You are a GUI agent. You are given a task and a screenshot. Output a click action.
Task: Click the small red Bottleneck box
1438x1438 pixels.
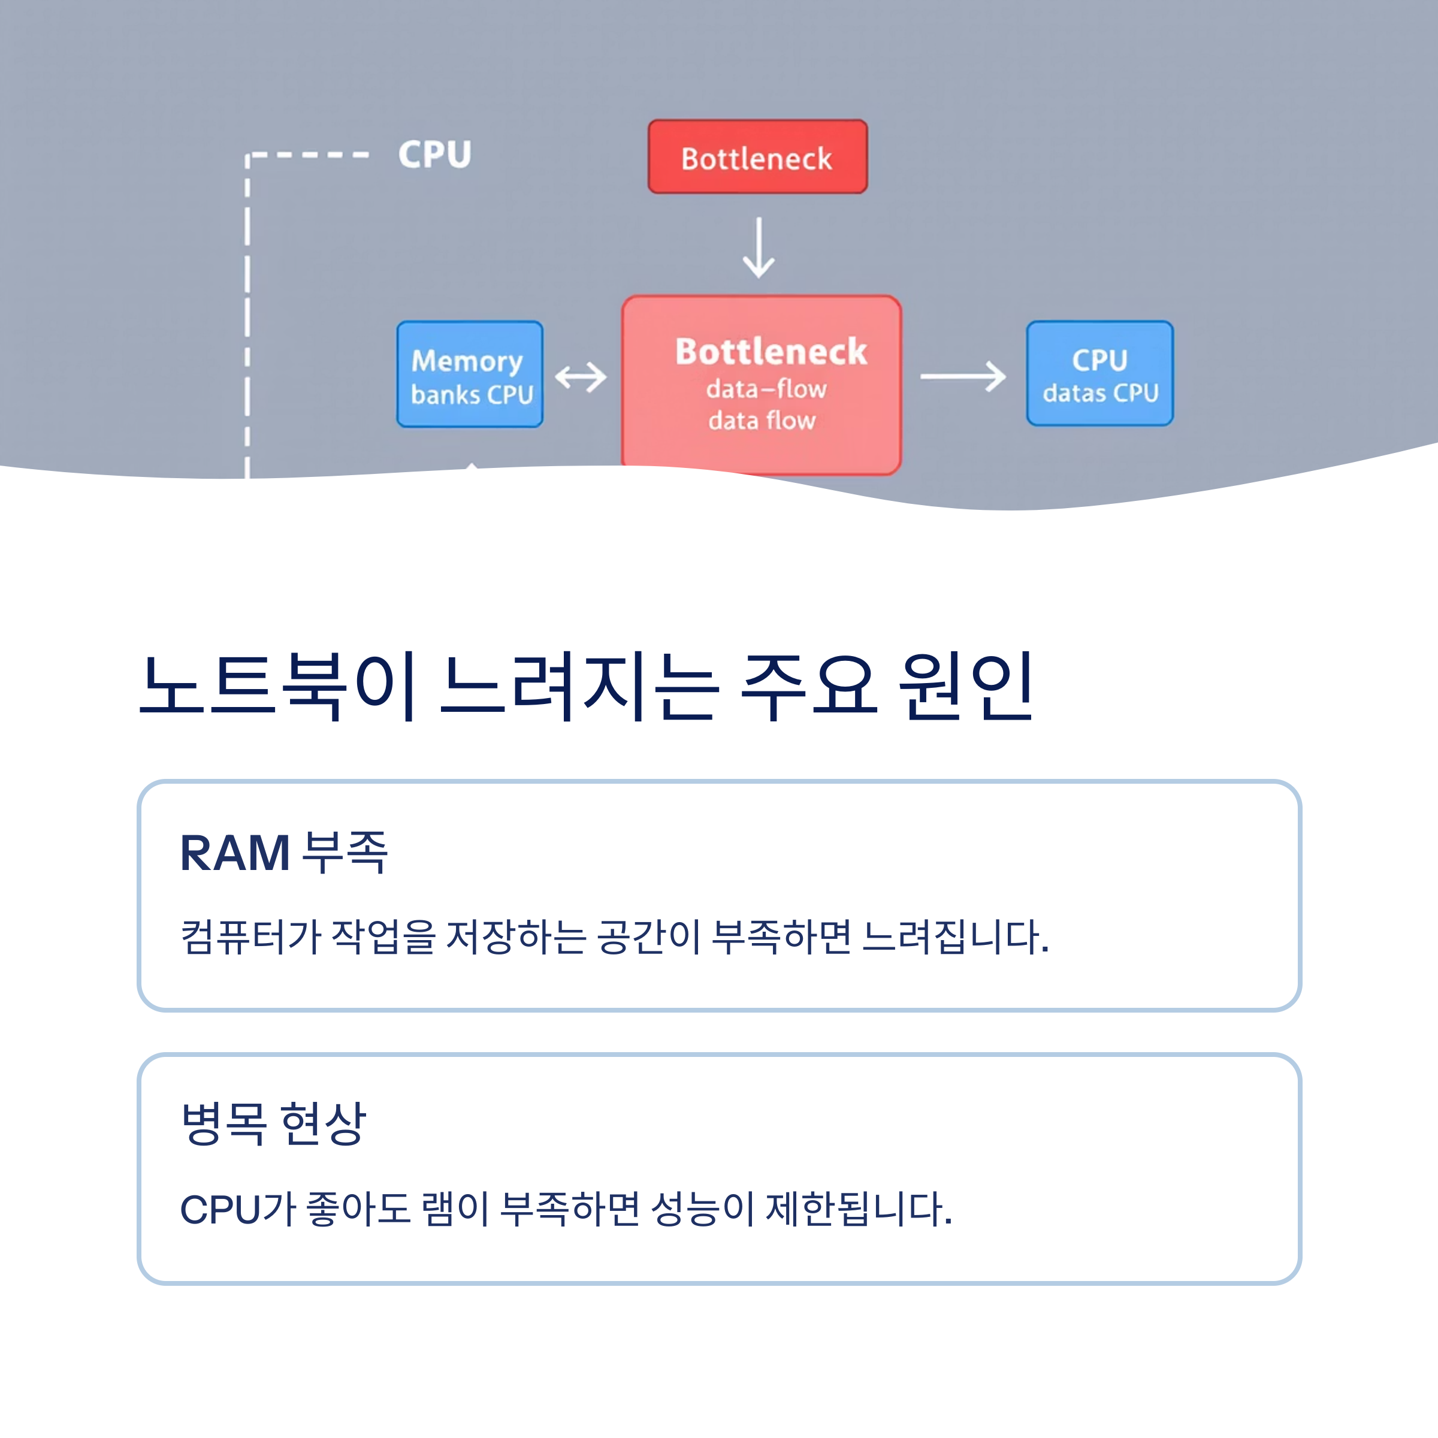pyautogui.click(x=757, y=157)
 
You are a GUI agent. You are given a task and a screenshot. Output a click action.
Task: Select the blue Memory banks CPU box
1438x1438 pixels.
pyautogui.click(x=470, y=374)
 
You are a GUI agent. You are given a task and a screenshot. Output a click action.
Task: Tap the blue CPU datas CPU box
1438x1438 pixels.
pyautogui.click(x=1099, y=374)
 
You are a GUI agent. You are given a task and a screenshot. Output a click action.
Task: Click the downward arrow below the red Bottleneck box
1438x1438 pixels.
pyautogui.click(x=758, y=248)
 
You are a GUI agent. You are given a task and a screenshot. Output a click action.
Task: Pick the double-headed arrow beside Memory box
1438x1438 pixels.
pyautogui.click(x=581, y=377)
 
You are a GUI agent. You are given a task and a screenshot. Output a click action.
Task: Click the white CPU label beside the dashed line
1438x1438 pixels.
pyautogui.click(x=434, y=155)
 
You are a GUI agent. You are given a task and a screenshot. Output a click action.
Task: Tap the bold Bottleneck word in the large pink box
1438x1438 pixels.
pyautogui.click(x=771, y=351)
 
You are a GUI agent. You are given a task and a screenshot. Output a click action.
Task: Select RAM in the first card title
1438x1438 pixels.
pyautogui.click(x=234, y=853)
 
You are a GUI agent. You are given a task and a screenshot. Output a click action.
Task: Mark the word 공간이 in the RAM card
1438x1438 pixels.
pyautogui.click(x=648, y=936)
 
